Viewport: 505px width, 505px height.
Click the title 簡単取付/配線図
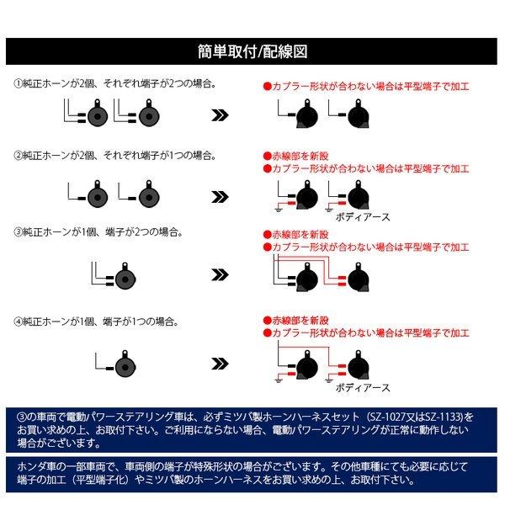pyautogui.click(x=252, y=50)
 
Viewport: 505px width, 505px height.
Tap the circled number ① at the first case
pyautogui.click(x=18, y=85)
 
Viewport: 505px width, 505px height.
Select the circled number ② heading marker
pyautogui.click(x=18, y=156)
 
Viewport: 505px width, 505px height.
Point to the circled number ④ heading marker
pyautogui.click(x=18, y=322)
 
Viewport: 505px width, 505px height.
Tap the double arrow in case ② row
pyautogui.click(x=218, y=197)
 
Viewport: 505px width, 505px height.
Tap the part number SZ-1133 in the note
pyautogui.click(x=444, y=417)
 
